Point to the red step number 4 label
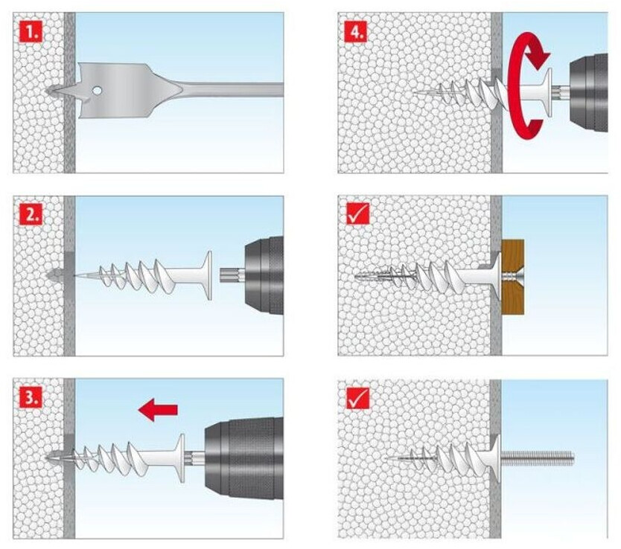357,30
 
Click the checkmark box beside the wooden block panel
357,214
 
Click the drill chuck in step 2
264,275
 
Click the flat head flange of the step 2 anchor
206,275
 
